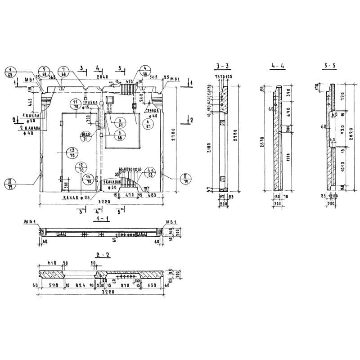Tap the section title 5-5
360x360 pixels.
[329, 66]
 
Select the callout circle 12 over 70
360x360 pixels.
[81, 168]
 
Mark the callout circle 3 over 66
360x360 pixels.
[119, 135]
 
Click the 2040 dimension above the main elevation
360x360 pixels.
[102, 77]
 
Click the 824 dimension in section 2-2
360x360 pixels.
[80, 285]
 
